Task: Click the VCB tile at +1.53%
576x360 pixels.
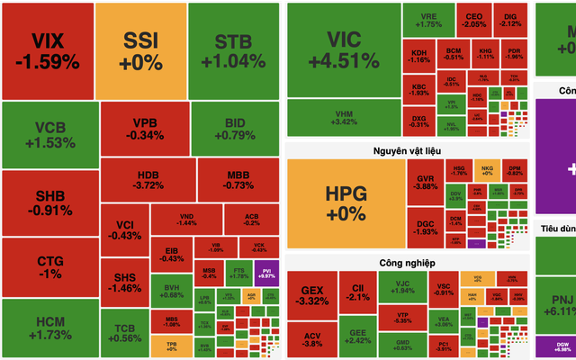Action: (49, 133)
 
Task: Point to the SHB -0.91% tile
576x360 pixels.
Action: (49, 203)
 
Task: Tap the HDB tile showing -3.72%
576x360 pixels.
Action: (148, 179)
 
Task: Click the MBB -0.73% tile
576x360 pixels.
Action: (238, 179)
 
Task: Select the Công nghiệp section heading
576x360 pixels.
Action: (408, 263)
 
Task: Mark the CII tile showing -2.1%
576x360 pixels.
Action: (357, 293)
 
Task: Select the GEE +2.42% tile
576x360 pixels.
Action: (357, 337)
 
